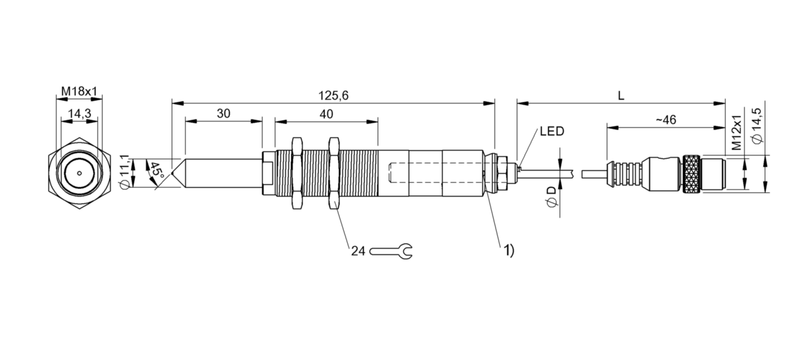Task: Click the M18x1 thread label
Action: coord(79,92)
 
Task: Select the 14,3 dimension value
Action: coord(79,114)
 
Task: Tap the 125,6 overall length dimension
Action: coord(333,96)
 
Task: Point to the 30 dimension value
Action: coord(224,114)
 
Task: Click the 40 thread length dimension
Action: coord(326,114)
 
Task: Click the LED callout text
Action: coord(551,131)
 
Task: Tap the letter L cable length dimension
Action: coord(621,96)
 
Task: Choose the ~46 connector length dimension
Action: coord(666,120)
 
